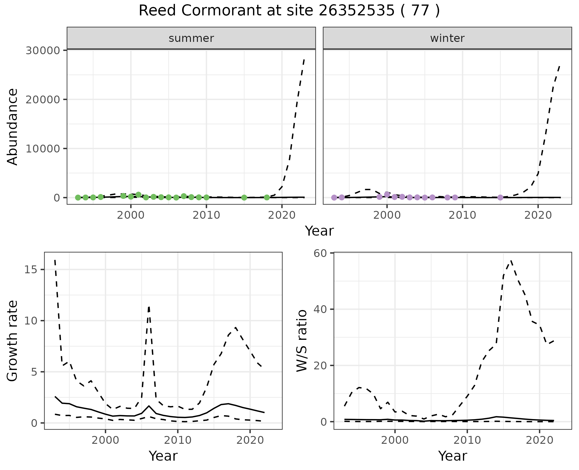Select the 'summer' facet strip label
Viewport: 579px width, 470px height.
[191, 38]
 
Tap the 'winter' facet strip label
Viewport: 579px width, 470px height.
[447, 38]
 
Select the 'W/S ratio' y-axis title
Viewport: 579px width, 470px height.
[302, 341]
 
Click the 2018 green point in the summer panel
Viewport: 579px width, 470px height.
[267, 197]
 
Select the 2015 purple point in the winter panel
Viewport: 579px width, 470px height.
[500, 197]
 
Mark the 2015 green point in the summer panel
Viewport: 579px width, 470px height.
[244, 198]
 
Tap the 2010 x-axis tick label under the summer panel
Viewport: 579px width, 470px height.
[206, 215]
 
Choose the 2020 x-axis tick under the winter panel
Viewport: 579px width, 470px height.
[538, 215]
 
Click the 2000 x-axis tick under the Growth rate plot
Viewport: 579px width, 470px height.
[106, 440]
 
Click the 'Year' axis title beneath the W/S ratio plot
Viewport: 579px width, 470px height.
[452, 456]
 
